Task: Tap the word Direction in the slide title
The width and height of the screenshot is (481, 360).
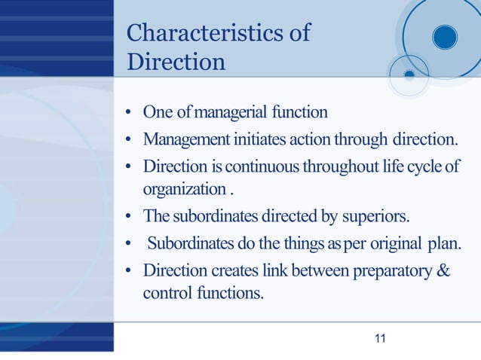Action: (x=176, y=61)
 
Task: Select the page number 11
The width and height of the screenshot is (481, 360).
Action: (x=380, y=338)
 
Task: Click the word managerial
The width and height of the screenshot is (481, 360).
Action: (x=231, y=113)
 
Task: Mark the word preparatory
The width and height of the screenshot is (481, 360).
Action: (x=392, y=270)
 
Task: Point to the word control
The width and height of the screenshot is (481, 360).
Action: (x=165, y=291)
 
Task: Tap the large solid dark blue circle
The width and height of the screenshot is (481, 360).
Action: (x=444, y=36)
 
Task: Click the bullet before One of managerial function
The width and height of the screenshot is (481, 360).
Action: (x=130, y=114)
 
